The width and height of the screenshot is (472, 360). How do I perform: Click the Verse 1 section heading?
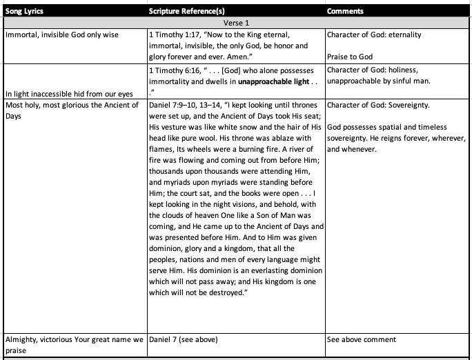[x=236, y=23]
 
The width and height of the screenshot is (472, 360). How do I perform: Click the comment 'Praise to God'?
[x=350, y=57]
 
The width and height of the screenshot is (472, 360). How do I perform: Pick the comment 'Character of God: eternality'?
[x=374, y=34]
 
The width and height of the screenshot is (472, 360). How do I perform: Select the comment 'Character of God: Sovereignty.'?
[x=379, y=105]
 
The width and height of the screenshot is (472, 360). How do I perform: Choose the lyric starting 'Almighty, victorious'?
[x=73, y=339]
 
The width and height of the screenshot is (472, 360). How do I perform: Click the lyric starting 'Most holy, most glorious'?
[x=72, y=105]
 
